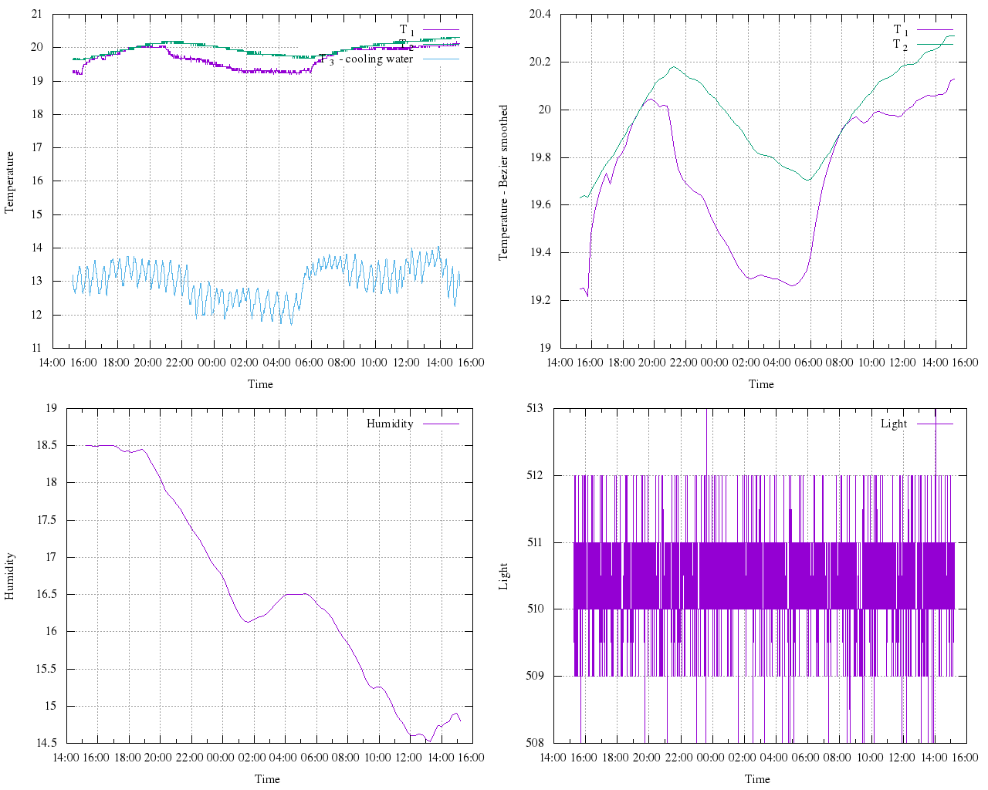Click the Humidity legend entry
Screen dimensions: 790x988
click(390, 424)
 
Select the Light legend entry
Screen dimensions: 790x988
click(894, 424)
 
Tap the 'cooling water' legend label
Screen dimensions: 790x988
click(378, 59)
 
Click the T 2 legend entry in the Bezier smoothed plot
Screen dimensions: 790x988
click(900, 45)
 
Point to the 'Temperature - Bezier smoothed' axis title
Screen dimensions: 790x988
click(503, 183)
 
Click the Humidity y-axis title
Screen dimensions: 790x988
click(10, 576)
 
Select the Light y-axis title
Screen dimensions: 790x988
click(503, 576)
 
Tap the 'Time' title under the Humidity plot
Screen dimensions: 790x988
click(267, 779)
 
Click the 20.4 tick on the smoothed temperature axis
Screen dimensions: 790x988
click(539, 14)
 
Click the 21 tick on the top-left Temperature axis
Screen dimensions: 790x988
click(36, 14)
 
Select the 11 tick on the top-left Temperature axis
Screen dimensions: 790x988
click(36, 348)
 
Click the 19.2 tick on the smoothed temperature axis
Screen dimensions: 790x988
click(539, 300)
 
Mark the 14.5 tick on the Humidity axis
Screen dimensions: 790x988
click(46, 743)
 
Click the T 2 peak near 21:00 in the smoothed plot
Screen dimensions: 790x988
click(673, 67)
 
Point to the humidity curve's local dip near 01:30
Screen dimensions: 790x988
click(248, 621)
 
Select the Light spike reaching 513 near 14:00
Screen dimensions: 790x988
click(936, 413)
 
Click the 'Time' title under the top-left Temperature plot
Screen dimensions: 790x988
click(260, 384)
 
